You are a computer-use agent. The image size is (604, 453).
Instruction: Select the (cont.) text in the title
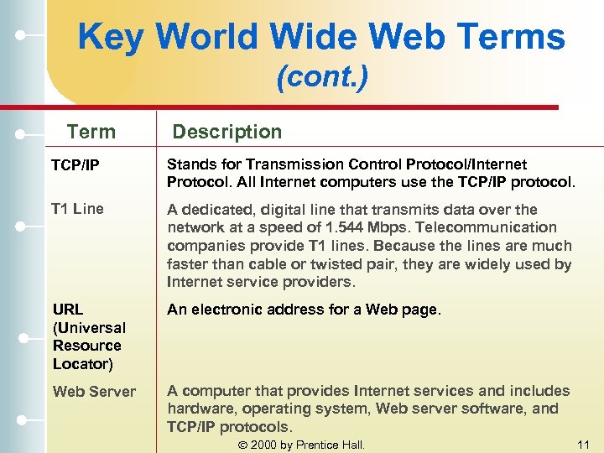click(x=322, y=79)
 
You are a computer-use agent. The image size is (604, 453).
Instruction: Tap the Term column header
click(x=91, y=132)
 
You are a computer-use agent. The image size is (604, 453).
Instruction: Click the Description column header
click(x=227, y=132)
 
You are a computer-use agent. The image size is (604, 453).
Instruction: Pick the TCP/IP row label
click(x=76, y=165)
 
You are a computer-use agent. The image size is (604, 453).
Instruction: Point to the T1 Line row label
click(x=77, y=209)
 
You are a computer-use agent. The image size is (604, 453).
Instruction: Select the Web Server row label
click(x=94, y=391)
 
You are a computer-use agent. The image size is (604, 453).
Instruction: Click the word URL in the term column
click(x=69, y=310)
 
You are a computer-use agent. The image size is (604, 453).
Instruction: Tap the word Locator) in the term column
click(x=83, y=363)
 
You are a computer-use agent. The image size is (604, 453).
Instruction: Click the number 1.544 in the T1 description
click(x=344, y=227)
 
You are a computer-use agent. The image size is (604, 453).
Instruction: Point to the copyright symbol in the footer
click(x=243, y=445)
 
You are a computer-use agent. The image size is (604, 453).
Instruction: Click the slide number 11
click(x=584, y=445)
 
